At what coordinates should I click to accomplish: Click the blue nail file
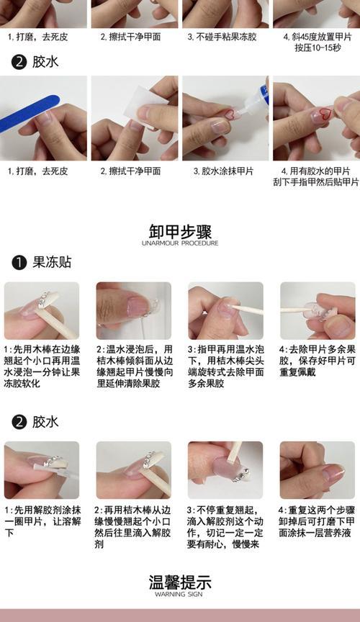tap(30, 114)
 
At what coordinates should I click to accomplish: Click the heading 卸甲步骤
tap(180, 231)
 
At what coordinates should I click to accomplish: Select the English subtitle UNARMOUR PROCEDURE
tap(180, 243)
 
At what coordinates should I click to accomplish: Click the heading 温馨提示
tap(180, 582)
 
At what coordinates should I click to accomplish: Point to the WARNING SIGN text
tap(179, 594)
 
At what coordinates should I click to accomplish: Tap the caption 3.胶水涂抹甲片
tap(223, 171)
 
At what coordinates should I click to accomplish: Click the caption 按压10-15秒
tap(317, 48)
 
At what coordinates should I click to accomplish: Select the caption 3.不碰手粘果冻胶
tap(222, 37)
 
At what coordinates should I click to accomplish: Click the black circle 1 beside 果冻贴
tap(19, 262)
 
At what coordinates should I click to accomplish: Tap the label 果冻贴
tap(52, 262)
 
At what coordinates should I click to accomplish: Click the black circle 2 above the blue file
tap(19, 63)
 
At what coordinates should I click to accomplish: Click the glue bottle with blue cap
tap(255, 100)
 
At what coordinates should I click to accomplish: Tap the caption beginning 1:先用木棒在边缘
tap(42, 366)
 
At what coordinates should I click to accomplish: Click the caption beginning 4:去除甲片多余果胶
tap(317, 361)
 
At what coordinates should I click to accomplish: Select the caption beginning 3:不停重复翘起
tap(225, 527)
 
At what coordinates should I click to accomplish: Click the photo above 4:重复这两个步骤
tap(317, 470)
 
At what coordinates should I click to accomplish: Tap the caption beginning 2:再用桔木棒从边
tap(133, 527)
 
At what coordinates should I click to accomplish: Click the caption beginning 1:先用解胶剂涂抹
tap(42, 520)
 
